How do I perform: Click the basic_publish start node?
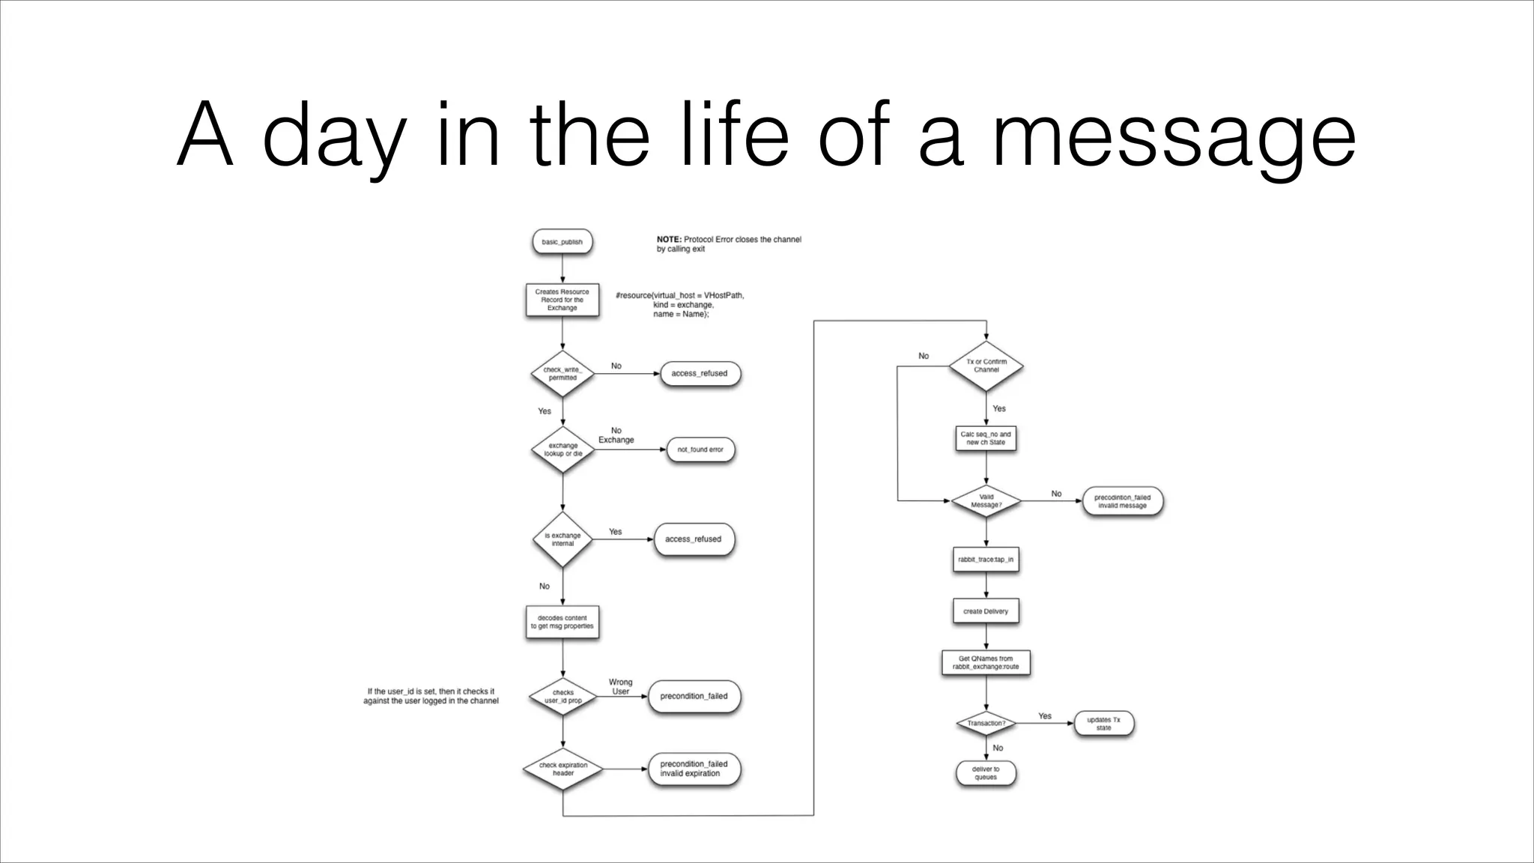(562, 242)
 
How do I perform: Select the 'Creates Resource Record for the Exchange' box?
(562, 300)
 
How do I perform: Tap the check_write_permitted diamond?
(563, 373)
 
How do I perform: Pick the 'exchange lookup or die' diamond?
(563, 449)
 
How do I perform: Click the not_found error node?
(700, 449)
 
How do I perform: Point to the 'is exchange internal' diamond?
(563, 539)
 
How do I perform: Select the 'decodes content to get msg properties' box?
(562, 622)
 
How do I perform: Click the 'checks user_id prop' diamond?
(563, 697)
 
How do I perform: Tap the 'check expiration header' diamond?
(563, 769)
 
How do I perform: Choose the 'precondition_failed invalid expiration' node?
(694, 769)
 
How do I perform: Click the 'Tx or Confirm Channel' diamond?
(986, 366)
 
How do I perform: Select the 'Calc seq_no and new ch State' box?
(986, 438)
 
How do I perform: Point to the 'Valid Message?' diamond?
(986, 501)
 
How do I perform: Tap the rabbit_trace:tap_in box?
(986, 560)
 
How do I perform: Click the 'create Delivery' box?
(986, 611)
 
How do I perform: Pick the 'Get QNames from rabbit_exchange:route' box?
(986, 663)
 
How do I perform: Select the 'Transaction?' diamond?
(986, 724)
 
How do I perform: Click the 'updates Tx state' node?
(1103, 724)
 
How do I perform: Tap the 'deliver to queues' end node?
(986, 773)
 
